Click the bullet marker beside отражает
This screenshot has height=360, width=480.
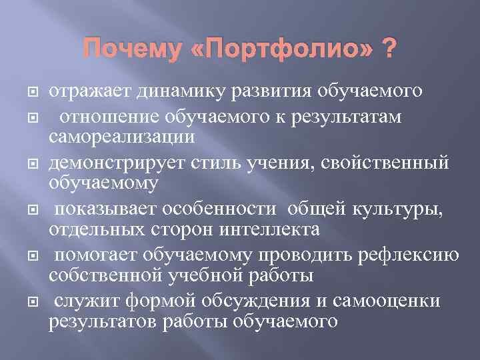point(29,92)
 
